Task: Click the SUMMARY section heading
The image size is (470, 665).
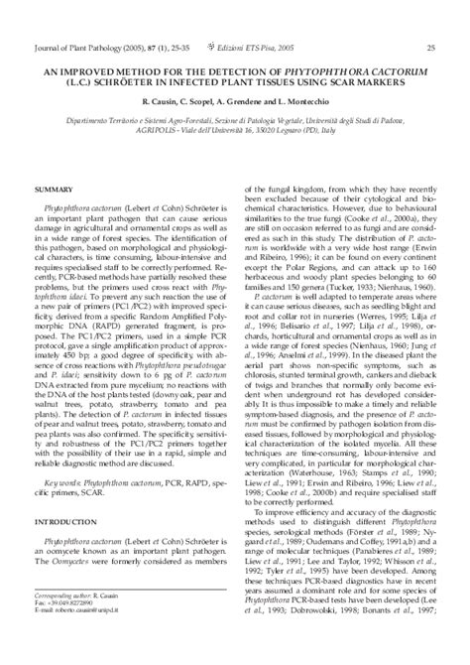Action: pos(54,189)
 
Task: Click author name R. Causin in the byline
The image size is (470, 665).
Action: pos(158,102)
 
